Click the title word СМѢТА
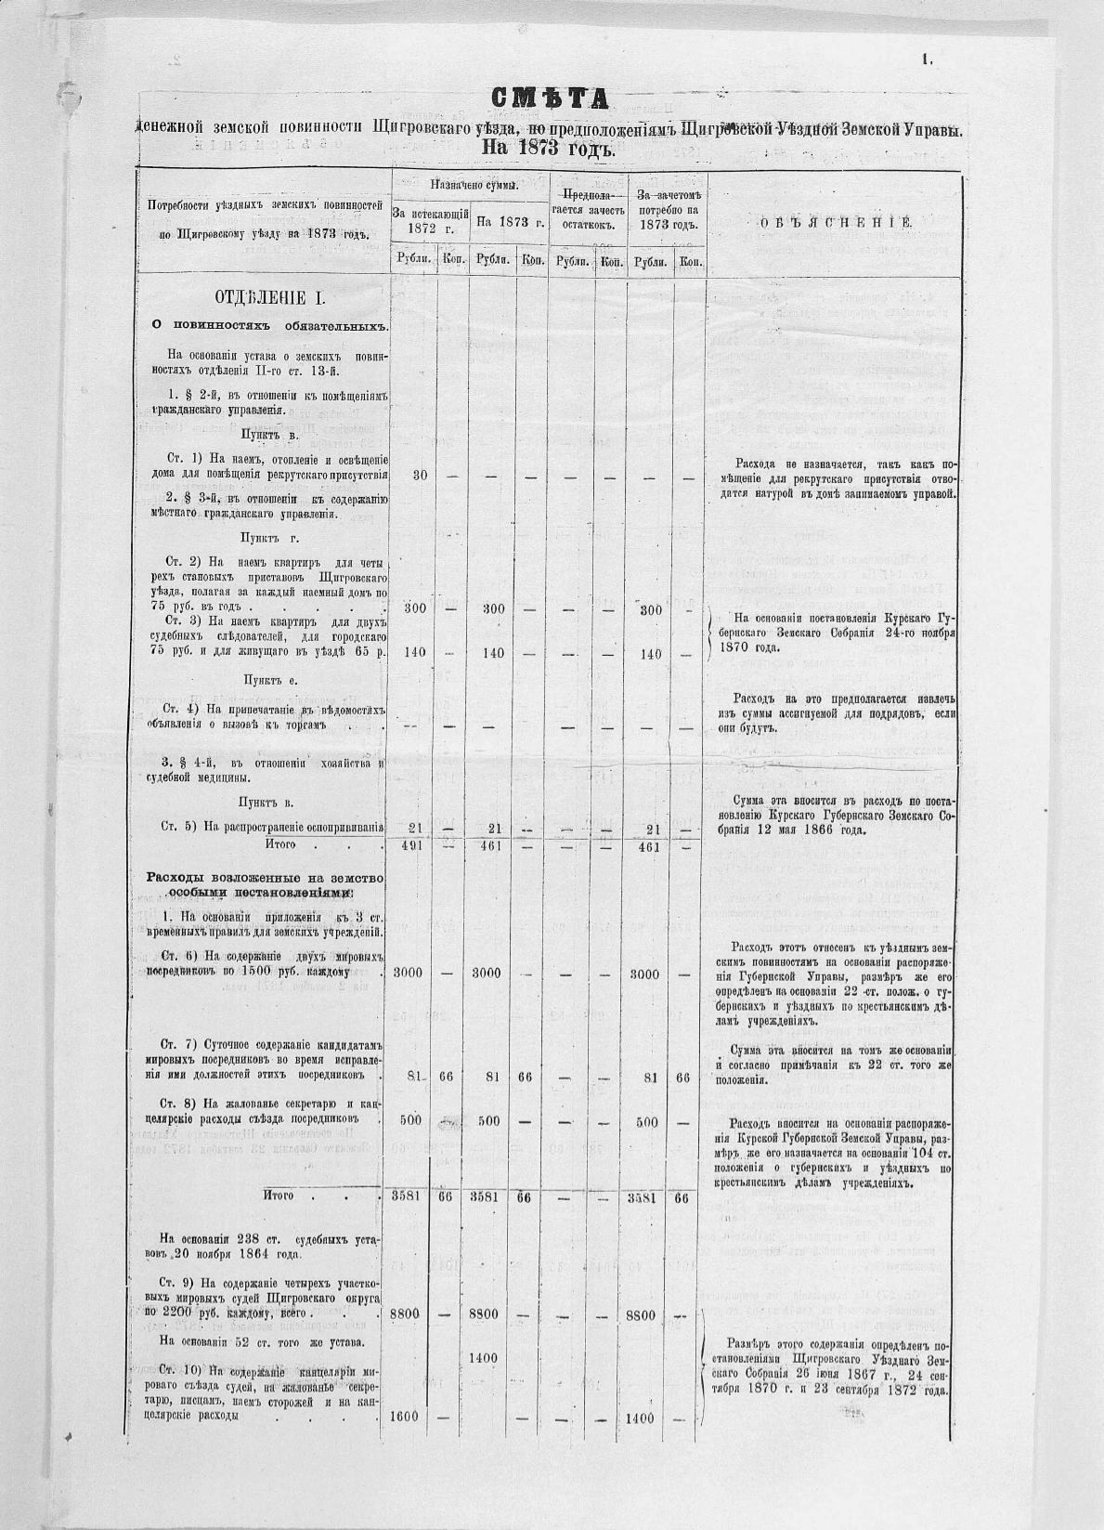(x=550, y=99)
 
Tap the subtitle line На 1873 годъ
(x=550, y=147)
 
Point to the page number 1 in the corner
(x=926, y=59)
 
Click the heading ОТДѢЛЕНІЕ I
(x=269, y=298)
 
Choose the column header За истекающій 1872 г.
(x=429, y=221)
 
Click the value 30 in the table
(x=420, y=476)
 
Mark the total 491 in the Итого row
(x=414, y=845)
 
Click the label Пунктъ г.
(x=268, y=537)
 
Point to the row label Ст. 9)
(x=177, y=1283)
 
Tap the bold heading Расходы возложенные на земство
(x=266, y=878)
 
